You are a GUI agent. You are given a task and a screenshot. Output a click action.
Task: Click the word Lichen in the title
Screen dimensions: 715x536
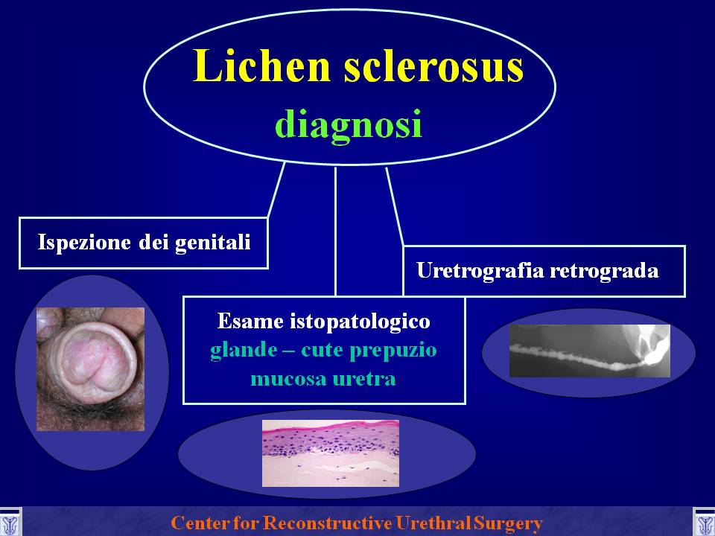261,66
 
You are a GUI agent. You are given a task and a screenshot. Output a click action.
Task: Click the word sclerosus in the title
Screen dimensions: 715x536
433,66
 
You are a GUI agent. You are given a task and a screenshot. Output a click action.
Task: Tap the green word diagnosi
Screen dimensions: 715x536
349,124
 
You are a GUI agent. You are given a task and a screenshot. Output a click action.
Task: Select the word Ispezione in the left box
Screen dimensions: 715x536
85,241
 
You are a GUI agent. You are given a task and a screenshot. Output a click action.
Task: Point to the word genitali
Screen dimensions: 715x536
213,242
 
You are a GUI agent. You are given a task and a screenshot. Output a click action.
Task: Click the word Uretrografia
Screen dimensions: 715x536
480,271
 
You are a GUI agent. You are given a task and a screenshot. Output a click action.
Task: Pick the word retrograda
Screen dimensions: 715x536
604,271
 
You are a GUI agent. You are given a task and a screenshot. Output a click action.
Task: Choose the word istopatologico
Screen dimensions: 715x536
360,322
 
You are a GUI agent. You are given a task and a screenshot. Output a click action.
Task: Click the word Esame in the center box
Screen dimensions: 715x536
251,321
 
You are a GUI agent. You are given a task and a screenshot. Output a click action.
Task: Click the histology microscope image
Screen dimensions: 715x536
331,453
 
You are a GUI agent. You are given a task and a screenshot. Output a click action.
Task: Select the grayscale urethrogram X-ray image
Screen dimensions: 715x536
590,351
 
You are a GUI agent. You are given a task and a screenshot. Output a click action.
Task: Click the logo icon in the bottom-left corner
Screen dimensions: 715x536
10,523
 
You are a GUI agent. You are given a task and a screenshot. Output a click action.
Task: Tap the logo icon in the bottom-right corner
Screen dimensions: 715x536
704,523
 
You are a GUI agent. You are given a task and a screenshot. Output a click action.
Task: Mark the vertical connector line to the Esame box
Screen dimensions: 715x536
336,232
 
